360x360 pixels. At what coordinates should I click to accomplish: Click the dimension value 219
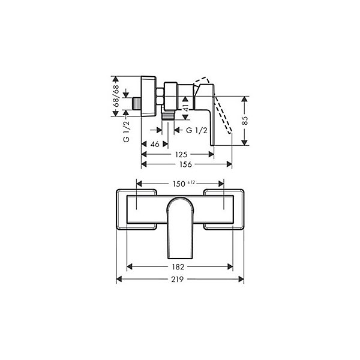pyautogui.click(x=178, y=279)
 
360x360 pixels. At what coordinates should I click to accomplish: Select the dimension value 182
pyautogui.click(x=178, y=267)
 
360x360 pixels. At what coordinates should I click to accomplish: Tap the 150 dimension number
pyautogui.click(x=179, y=184)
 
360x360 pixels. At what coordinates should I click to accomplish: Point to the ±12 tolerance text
pyautogui.click(x=191, y=182)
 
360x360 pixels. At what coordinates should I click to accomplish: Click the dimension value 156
pyautogui.click(x=185, y=164)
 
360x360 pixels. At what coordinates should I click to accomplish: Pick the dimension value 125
pyautogui.click(x=181, y=155)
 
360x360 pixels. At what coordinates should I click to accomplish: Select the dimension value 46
pyautogui.click(x=155, y=144)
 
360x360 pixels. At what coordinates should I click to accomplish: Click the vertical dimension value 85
pyautogui.click(x=245, y=121)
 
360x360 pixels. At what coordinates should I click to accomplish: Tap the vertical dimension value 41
pyautogui.click(x=185, y=107)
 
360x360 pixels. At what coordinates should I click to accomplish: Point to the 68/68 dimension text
pyautogui.click(x=116, y=96)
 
